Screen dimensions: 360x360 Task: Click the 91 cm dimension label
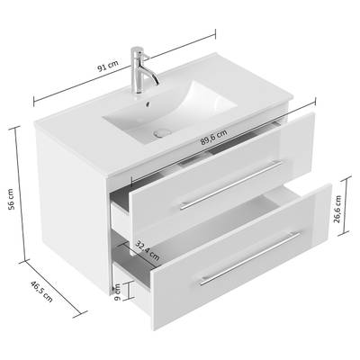[x=108, y=67]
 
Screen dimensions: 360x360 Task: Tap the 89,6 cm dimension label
[x=213, y=137]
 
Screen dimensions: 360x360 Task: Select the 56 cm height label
[x=11, y=199]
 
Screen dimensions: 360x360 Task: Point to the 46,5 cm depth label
[x=41, y=292]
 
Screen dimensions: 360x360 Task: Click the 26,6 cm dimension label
[x=337, y=209]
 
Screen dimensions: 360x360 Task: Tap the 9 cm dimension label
[x=118, y=292]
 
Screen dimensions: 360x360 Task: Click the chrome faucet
[x=141, y=70]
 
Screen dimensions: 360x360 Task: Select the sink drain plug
[x=162, y=132]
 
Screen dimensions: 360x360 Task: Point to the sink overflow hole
[x=148, y=103]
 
